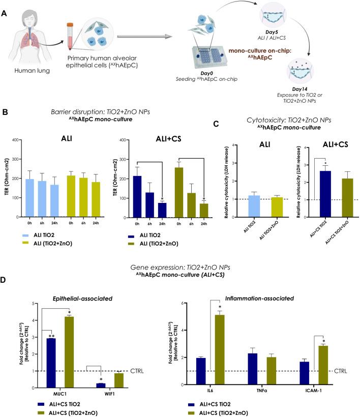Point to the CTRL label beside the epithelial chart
138,371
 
